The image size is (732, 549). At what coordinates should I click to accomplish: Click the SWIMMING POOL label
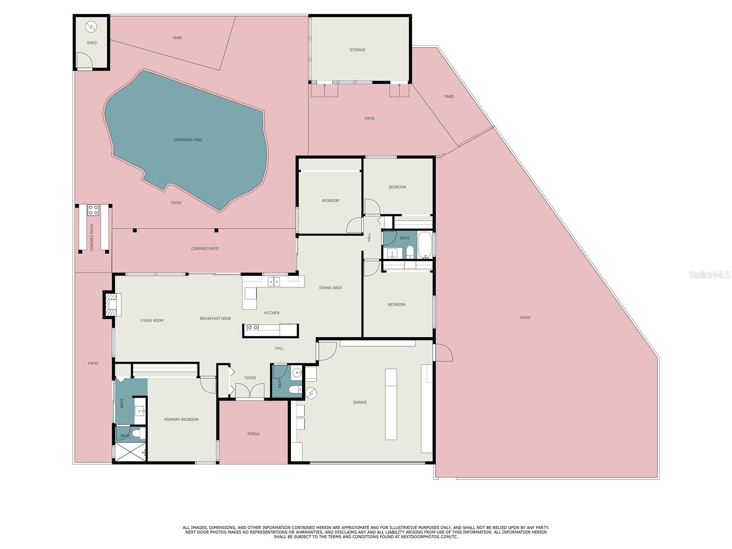coord(188,140)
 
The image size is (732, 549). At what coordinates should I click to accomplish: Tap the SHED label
coord(91,43)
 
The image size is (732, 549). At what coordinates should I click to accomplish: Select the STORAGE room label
coord(357,50)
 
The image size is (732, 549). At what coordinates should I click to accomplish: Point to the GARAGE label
coord(360,402)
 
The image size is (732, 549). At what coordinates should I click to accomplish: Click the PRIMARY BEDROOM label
coord(181,420)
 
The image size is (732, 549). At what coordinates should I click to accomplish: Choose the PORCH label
coord(253,434)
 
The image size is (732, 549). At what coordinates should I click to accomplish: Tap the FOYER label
coord(250,378)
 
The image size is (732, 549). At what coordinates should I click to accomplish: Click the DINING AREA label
coord(330,288)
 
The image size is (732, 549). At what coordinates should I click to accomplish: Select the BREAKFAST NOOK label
coord(215,318)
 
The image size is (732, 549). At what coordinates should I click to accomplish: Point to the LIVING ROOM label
coord(152,320)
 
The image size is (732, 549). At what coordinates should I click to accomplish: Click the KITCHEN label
coord(272,312)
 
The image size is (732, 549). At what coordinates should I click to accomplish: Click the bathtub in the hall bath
coord(425,245)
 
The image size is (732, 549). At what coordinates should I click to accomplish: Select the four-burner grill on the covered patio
coord(93,210)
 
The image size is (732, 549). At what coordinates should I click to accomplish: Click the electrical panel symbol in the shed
coord(91,27)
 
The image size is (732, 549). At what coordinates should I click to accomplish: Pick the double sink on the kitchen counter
coord(274,282)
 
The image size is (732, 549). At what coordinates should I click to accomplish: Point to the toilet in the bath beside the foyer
coord(295,389)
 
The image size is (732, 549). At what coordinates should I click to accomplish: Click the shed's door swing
coord(84,60)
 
